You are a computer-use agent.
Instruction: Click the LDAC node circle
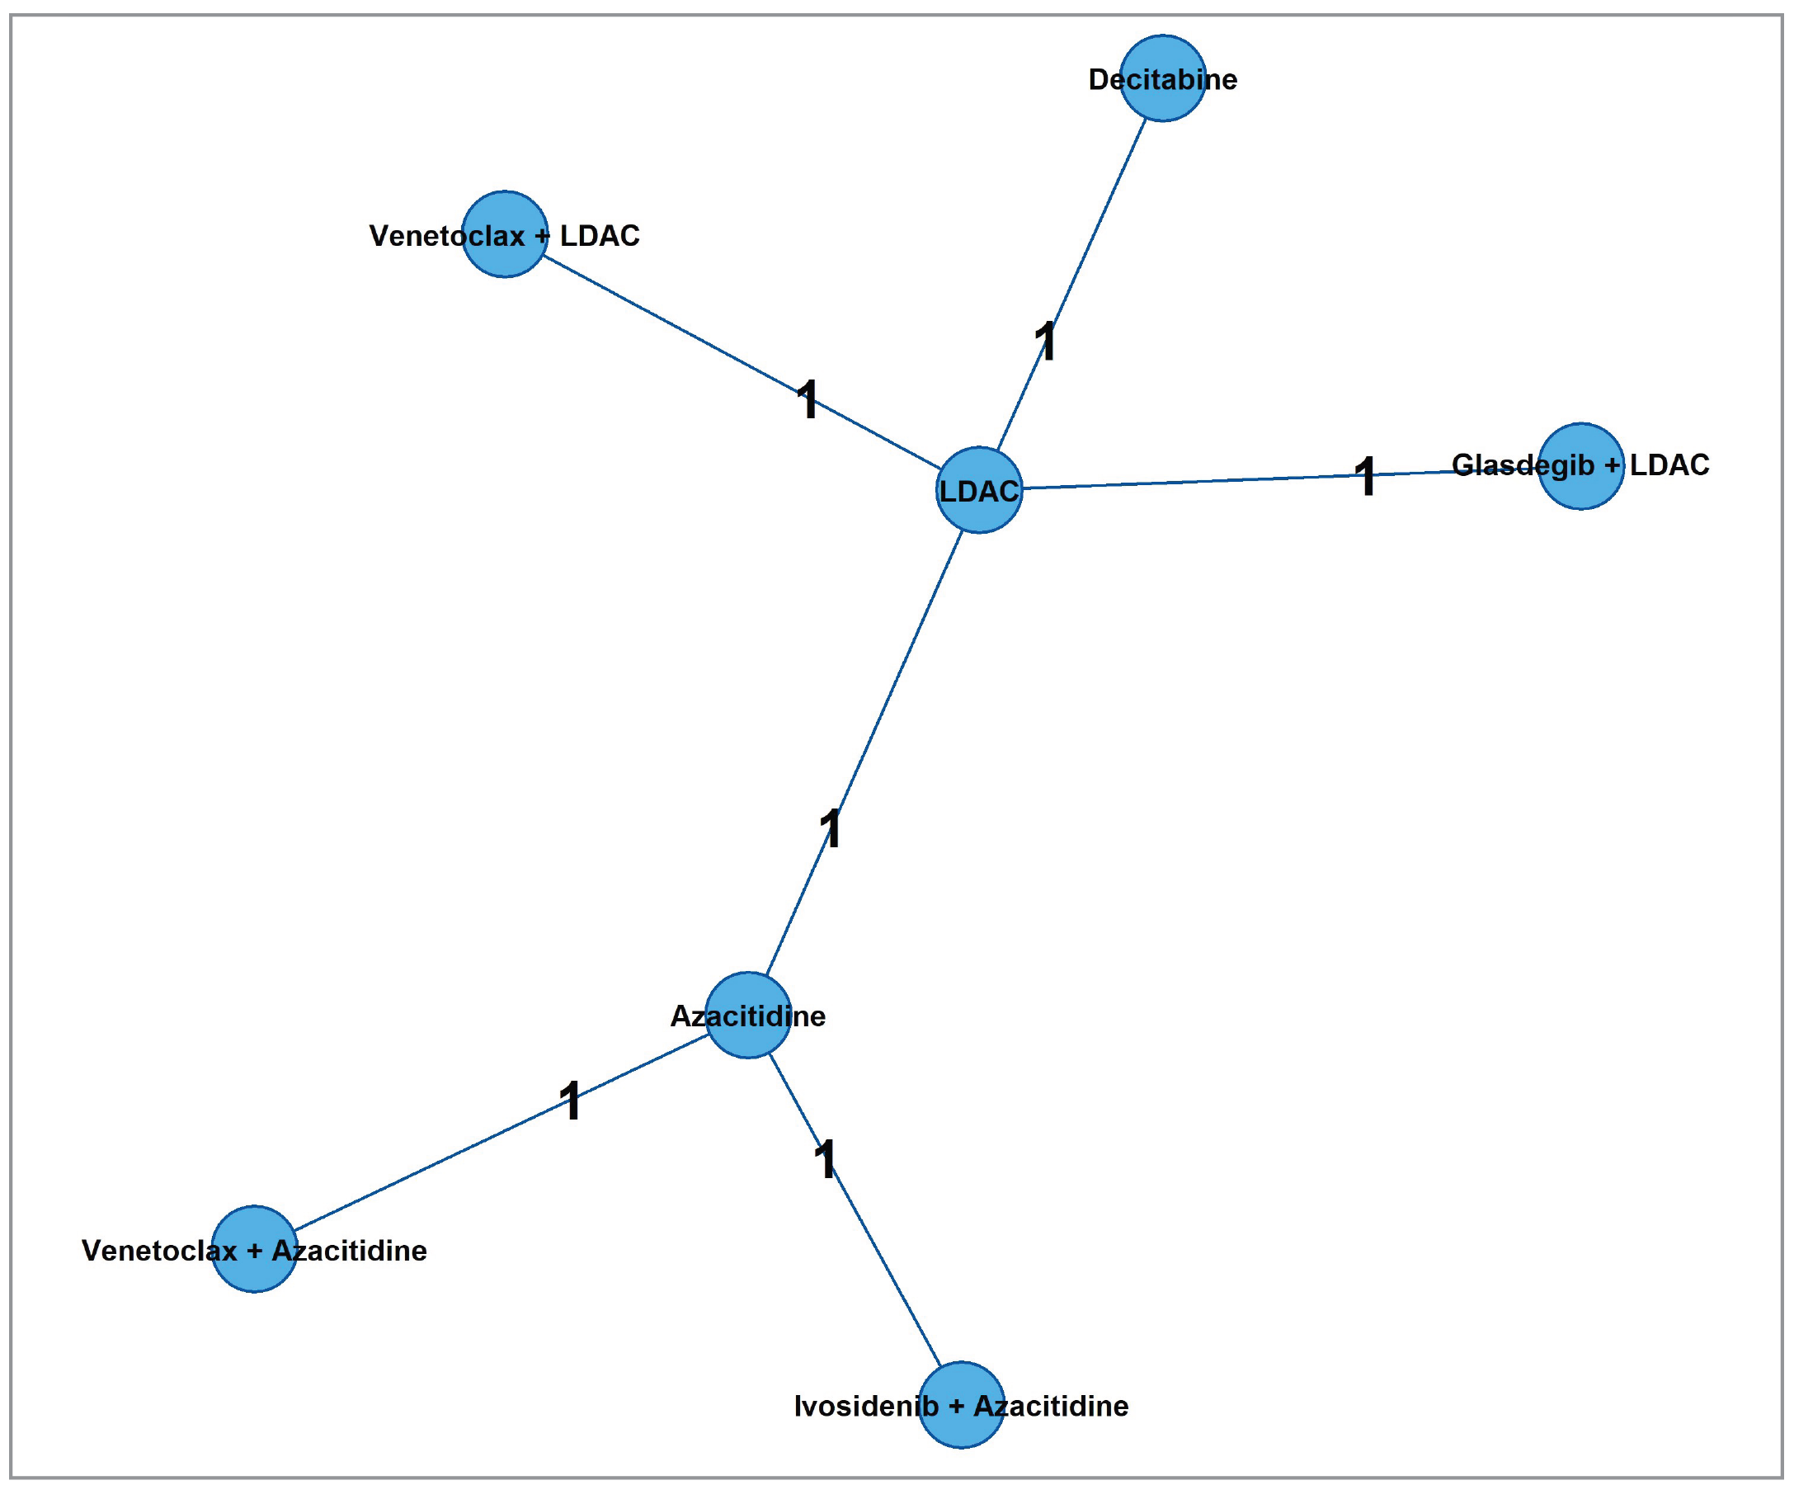tap(979, 489)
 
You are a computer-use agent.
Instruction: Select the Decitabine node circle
tap(1163, 78)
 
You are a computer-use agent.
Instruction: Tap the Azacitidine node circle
tap(748, 1015)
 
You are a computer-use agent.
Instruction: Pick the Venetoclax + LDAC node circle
tap(505, 233)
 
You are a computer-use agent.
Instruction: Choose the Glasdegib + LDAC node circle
tap(1580, 465)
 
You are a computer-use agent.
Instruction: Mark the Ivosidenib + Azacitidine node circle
tap(961, 1405)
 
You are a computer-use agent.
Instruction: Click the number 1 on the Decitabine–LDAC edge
tap(1046, 342)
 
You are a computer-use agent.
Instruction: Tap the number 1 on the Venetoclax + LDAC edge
tap(808, 399)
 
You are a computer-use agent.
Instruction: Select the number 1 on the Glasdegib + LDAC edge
tap(1366, 476)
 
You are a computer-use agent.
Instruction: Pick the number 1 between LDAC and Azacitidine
tap(831, 829)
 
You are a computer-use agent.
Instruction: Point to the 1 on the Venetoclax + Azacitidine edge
tap(570, 1101)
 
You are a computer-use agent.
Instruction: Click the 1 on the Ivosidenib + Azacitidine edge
tap(825, 1159)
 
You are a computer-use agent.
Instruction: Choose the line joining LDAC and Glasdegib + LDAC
tap(1196, 481)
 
